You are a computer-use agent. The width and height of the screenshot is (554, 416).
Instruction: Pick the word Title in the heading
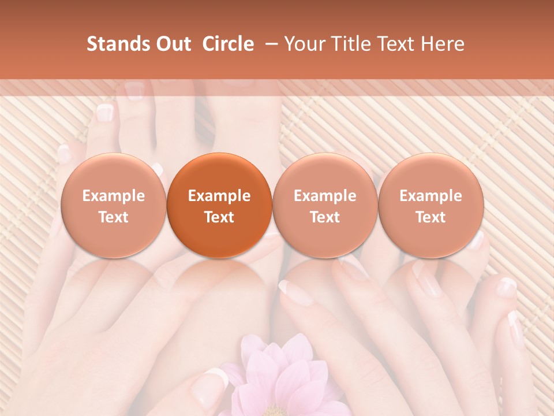tap(352, 44)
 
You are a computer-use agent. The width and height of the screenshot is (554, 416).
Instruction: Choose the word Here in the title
tap(443, 44)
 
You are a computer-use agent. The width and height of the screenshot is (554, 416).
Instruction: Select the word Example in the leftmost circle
tap(114, 196)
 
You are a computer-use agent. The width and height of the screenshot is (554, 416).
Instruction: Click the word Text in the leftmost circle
tap(114, 217)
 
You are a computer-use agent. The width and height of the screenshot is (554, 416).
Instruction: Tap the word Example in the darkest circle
tap(219, 196)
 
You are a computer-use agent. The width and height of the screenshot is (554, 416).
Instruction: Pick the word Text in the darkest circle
tap(219, 217)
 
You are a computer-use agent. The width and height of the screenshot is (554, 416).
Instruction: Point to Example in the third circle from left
tap(325, 196)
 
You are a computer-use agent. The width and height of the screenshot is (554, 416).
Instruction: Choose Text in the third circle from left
tap(325, 217)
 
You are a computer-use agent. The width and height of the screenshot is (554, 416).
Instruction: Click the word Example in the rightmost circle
tap(431, 196)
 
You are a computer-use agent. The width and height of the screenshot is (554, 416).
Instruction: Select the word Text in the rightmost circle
tap(431, 217)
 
